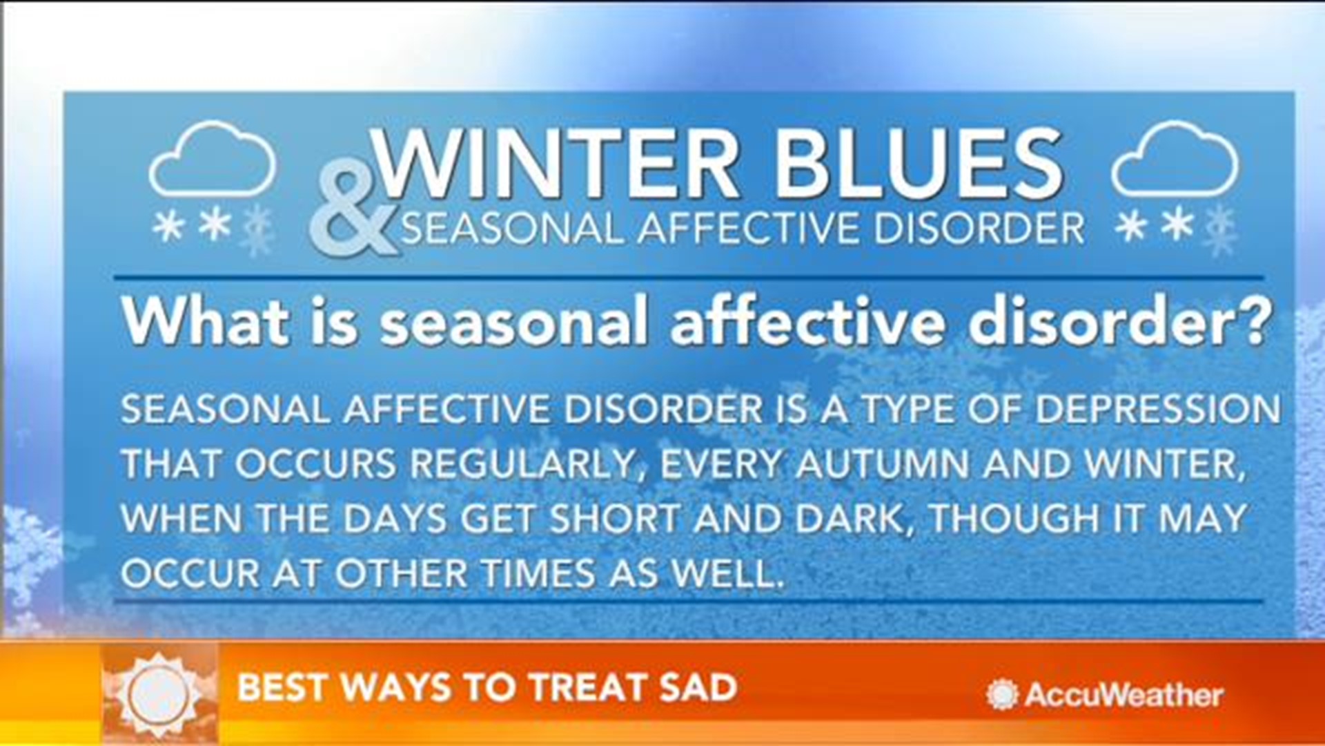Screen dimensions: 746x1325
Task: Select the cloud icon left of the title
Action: [x=213, y=160]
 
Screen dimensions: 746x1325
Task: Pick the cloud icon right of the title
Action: [x=1175, y=160]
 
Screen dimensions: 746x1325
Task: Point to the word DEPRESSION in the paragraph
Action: [x=1158, y=409]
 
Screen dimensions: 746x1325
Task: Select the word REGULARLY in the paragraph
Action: [x=523, y=464]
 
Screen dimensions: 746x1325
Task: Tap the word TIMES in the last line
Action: [x=538, y=573]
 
